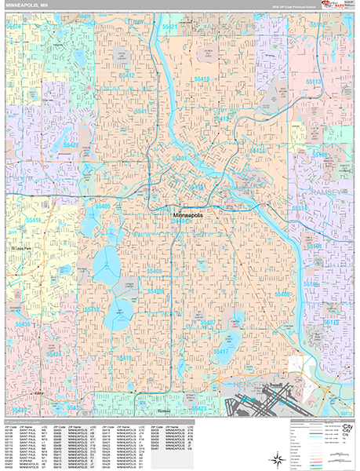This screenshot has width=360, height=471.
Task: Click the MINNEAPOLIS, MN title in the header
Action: [x=29, y=5]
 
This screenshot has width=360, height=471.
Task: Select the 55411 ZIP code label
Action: [x=141, y=111]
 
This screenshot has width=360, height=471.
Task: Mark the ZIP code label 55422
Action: [x=71, y=145]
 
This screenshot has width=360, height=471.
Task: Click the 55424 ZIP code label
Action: [x=55, y=354]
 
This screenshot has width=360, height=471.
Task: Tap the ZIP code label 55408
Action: [x=154, y=272]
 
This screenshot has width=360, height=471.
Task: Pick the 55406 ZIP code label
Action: [x=281, y=294]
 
